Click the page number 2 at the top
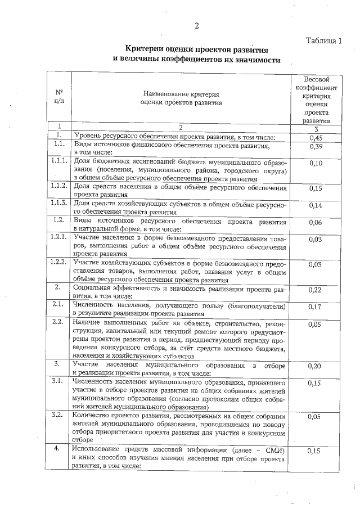point(197,25)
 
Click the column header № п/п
point(58,97)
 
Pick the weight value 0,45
point(316,137)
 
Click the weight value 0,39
point(316,147)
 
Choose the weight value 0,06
point(316,222)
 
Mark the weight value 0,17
point(316,307)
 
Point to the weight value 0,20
point(316,366)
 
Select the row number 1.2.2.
point(58,263)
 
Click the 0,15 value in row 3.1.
point(316,383)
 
